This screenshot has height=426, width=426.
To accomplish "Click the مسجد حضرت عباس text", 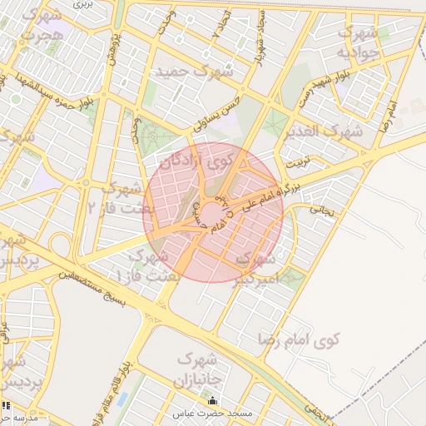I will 211,414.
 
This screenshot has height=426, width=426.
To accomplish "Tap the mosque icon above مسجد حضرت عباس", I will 211,401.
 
